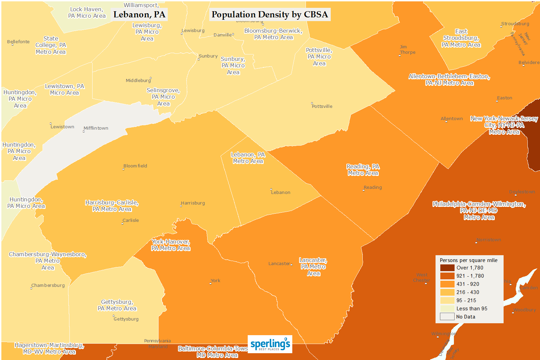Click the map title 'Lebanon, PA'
[139, 15]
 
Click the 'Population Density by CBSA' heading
[270, 15]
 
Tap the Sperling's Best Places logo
[270, 344]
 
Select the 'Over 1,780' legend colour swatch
[447, 268]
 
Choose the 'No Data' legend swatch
[447, 316]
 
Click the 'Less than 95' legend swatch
[447, 308]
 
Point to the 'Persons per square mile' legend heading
[469, 260]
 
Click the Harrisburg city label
[193, 203]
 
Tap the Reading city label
[373, 187]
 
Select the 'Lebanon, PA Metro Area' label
[248, 158]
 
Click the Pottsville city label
[322, 107]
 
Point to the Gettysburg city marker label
[126, 319]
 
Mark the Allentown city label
[452, 119]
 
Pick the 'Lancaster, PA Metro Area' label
[313, 267]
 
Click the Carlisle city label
[131, 220]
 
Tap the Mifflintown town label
[96, 128]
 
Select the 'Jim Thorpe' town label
[407, 50]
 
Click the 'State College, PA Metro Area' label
[51, 45]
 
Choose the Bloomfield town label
[135, 166]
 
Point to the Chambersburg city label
[48, 285]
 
